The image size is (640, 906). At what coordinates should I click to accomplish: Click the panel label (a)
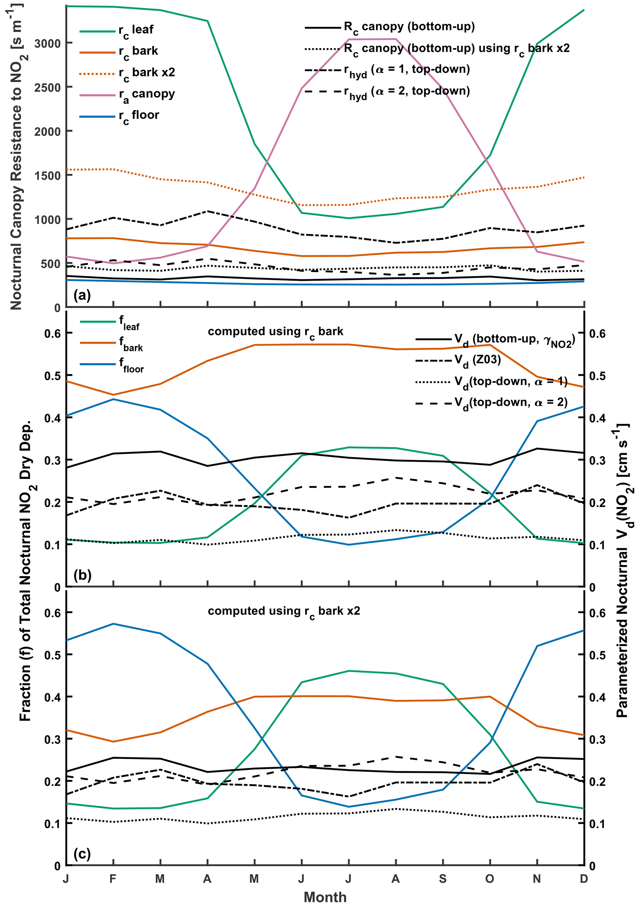coord(82,295)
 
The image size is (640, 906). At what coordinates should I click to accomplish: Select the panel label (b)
coord(82,575)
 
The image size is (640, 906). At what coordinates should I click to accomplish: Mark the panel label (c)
coord(82,854)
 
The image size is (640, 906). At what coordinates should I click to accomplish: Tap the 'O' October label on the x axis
coord(489,879)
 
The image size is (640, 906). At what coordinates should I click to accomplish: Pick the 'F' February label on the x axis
coord(113,879)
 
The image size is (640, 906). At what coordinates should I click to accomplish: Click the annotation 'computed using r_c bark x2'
coord(284,611)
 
